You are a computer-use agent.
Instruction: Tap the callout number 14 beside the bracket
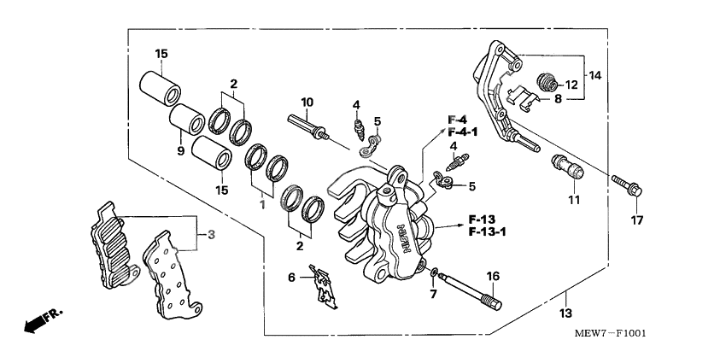pyautogui.click(x=594, y=76)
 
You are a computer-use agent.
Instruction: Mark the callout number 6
pyautogui.click(x=292, y=278)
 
